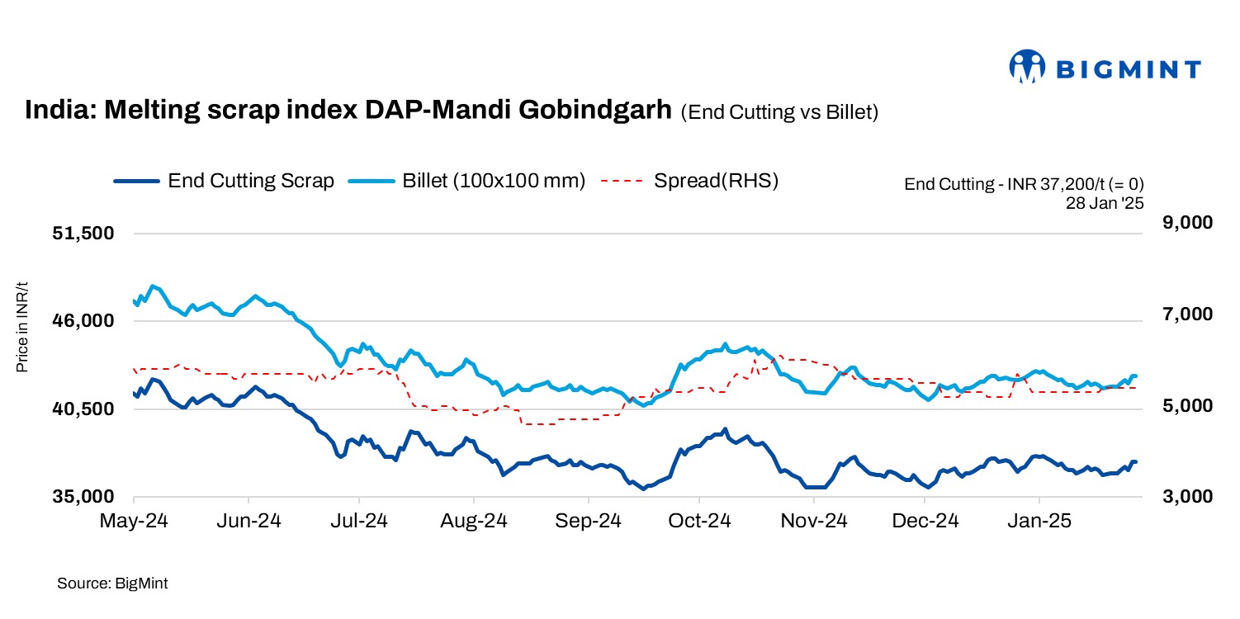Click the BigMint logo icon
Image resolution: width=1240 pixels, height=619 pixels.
click(x=1027, y=67)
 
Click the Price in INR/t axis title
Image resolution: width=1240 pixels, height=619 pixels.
click(x=22, y=327)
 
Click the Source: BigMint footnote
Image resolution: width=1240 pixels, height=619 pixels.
click(x=112, y=584)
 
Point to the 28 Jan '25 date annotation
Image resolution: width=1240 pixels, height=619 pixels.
click(x=1105, y=200)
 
